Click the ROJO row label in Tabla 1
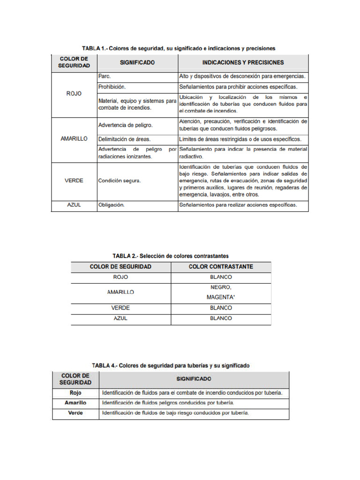[x=74, y=93]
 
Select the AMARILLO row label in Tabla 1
[x=74, y=139]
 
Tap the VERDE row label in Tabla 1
[x=74, y=181]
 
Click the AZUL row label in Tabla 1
[x=74, y=205]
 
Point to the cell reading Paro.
[x=104, y=75]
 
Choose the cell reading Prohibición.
[x=112, y=87]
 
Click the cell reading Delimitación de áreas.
[x=124, y=139]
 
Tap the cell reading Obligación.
[x=112, y=205]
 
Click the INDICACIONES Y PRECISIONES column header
[x=243, y=62]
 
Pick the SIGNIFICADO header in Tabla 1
[x=137, y=62]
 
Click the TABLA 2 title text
[x=171, y=256]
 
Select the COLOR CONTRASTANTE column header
[x=221, y=267]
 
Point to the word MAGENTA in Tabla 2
[x=221, y=297]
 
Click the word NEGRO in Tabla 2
[x=221, y=287]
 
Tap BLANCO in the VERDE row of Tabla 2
[x=221, y=308]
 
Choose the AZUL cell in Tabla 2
[x=120, y=318]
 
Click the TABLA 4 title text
[x=171, y=365]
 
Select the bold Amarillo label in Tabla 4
[x=75, y=403]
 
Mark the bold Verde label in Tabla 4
[x=75, y=413]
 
